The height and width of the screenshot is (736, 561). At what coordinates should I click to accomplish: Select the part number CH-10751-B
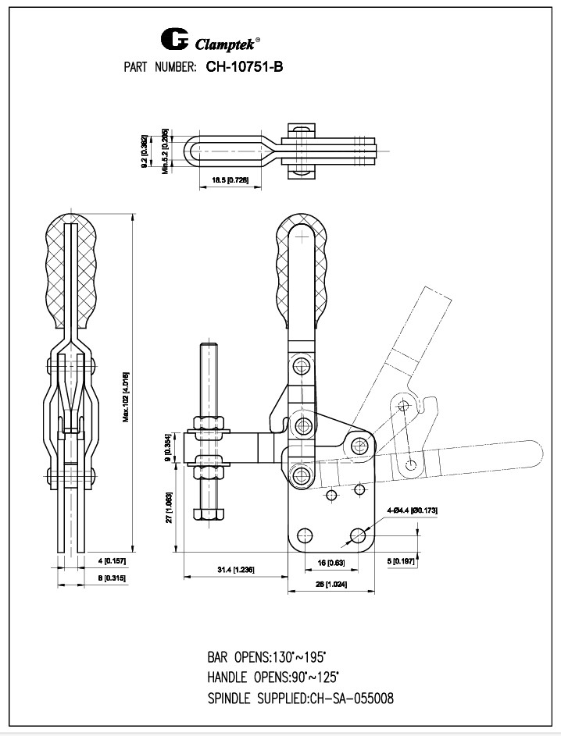click(x=244, y=67)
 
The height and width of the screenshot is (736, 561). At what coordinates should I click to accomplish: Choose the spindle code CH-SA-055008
click(x=352, y=698)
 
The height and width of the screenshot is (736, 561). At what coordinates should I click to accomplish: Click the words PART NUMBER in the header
click(x=159, y=68)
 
